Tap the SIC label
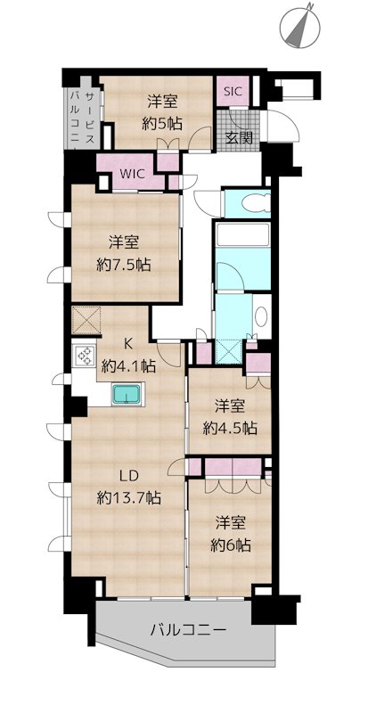[233, 91]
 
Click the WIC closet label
[132, 174]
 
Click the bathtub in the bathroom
[243, 234]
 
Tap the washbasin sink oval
[261, 317]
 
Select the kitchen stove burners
[84, 356]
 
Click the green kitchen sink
[127, 394]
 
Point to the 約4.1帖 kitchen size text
[127, 365]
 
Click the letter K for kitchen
[128, 344]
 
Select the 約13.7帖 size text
[128, 498]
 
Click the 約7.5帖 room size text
[123, 265]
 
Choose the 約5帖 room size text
[162, 124]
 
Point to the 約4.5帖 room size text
[229, 428]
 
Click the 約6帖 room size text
[230, 545]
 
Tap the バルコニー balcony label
[188, 631]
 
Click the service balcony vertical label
[83, 118]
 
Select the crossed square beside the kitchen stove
[86, 320]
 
